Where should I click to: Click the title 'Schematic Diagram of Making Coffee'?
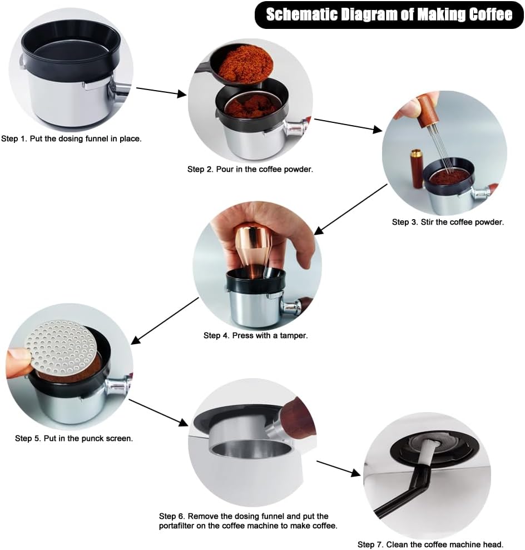[389, 14]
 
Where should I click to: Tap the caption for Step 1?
[71, 138]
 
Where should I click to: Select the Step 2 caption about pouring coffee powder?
[250, 169]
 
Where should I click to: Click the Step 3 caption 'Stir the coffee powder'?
[448, 222]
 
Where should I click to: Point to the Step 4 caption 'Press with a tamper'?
[256, 335]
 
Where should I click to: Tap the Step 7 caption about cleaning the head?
[430, 544]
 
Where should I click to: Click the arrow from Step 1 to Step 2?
[161, 92]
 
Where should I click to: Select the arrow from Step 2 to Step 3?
[348, 126]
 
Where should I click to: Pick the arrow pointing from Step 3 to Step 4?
[351, 209]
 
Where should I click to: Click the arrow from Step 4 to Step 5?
[165, 321]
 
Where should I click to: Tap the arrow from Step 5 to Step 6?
[159, 413]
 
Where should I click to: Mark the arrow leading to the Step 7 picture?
[339, 469]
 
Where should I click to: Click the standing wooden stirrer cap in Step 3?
[417, 169]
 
